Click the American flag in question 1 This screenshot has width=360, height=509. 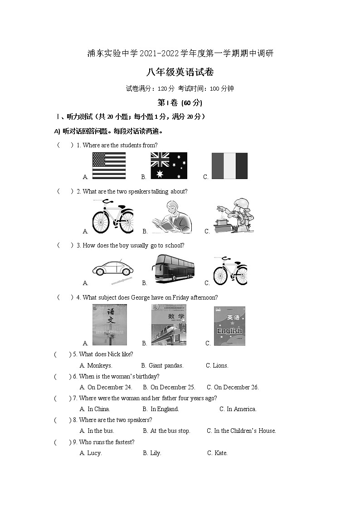click(109, 166)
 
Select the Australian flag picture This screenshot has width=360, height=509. click(169, 166)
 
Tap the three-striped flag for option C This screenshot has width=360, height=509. click(229, 166)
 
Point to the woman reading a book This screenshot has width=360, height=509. click(172, 217)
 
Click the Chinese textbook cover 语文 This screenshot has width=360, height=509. click(110, 325)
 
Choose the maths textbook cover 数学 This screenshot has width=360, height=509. click(169, 325)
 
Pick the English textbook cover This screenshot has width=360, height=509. click(229, 325)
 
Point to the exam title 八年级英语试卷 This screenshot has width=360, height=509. click(180, 72)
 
